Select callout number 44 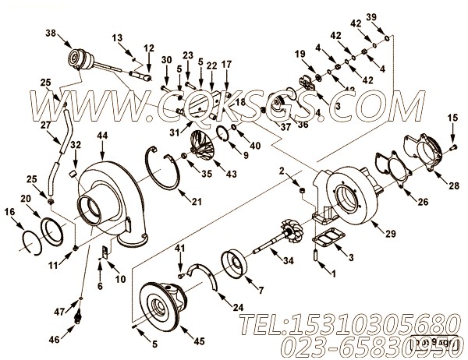pyautogui.click(x=102, y=136)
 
